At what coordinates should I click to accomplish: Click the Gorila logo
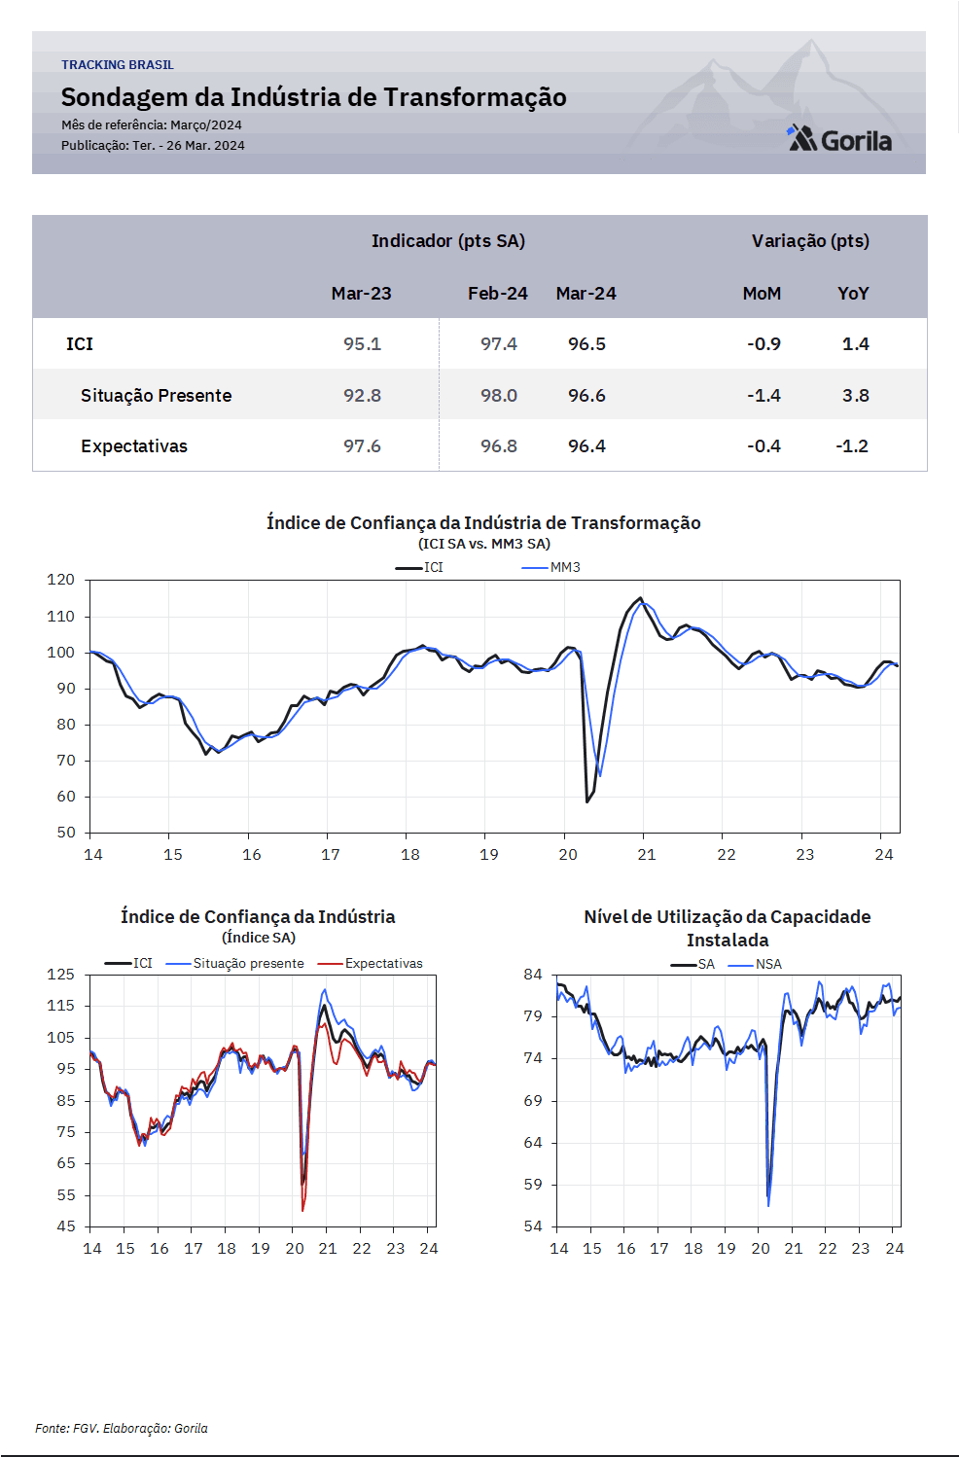pyautogui.click(x=839, y=138)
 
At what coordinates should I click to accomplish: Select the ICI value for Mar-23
pyautogui.click(x=363, y=343)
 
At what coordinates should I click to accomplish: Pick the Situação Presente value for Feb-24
pyautogui.click(x=499, y=396)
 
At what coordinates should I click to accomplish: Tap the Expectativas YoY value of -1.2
pyautogui.click(x=852, y=446)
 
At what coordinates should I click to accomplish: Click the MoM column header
pyautogui.click(x=762, y=294)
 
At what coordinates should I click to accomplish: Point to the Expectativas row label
pyautogui.click(x=134, y=446)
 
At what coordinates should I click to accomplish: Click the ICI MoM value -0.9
pyautogui.click(x=764, y=343)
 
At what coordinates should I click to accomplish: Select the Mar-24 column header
pyautogui.click(x=586, y=294)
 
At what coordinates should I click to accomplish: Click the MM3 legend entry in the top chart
pyautogui.click(x=551, y=567)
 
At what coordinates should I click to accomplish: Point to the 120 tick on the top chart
pyautogui.click(x=60, y=580)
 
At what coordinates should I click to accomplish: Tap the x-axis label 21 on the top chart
pyautogui.click(x=647, y=855)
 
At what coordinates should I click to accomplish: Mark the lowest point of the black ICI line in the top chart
pyautogui.click(x=586, y=802)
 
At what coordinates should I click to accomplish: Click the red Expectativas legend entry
pyautogui.click(x=371, y=963)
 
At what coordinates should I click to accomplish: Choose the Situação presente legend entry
pyautogui.click(x=234, y=963)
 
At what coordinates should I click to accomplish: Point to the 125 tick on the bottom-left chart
pyautogui.click(x=60, y=975)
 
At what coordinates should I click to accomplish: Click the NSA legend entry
pyautogui.click(x=755, y=964)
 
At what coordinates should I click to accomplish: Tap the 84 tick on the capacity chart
pyautogui.click(x=533, y=975)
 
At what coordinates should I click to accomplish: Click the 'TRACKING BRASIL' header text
pyautogui.click(x=118, y=65)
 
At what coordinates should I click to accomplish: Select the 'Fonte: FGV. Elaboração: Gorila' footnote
pyautogui.click(x=122, y=1428)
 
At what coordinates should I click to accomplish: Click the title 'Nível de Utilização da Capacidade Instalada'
pyautogui.click(x=728, y=928)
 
